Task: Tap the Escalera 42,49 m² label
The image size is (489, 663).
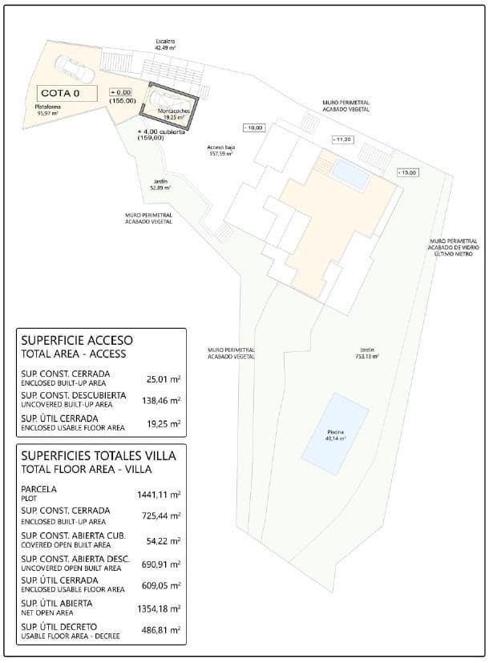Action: [166, 45]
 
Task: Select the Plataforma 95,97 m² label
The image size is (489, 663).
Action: [49, 110]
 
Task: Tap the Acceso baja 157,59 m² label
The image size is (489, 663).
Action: [220, 151]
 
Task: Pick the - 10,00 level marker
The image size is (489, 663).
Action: [254, 127]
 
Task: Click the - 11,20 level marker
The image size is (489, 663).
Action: [342, 139]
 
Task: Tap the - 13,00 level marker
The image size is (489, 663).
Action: [407, 172]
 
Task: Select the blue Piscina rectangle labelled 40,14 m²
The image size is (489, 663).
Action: [335, 434]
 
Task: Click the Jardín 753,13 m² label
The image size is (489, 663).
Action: [367, 354]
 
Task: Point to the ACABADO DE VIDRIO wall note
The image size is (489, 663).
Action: [453, 249]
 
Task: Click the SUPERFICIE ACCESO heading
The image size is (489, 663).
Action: [77, 340]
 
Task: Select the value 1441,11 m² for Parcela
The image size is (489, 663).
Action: [160, 494]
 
